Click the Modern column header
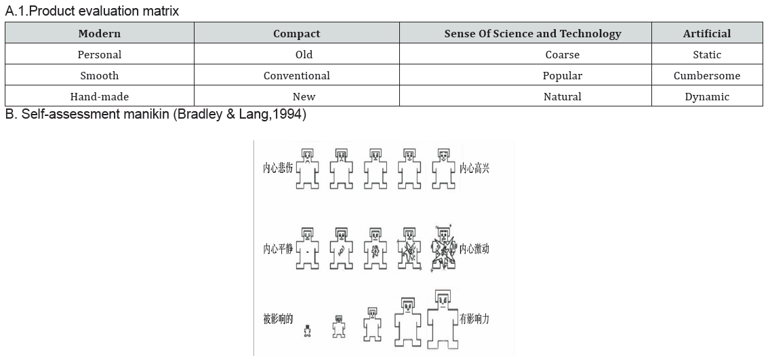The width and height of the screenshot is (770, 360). [x=100, y=33]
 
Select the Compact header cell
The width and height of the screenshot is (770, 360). [x=297, y=33]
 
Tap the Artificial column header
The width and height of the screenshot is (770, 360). [x=707, y=33]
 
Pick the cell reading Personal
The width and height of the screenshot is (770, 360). [x=100, y=54]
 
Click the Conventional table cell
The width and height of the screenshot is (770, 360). [x=297, y=75]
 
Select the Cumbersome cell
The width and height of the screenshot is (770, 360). [x=707, y=75]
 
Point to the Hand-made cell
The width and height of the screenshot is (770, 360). [x=100, y=96]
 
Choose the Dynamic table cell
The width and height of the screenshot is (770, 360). [x=707, y=96]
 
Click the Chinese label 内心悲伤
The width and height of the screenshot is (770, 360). [x=278, y=168]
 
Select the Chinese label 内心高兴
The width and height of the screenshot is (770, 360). [x=474, y=168]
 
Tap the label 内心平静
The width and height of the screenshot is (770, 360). [x=278, y=249]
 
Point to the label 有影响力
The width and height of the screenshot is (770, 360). [x=474, y=319]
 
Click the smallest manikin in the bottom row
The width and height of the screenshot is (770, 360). [x=308, y=331]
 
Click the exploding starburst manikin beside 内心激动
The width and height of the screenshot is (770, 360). [x=443, y=249]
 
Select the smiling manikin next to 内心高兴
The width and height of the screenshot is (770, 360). [x=443, y=168]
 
